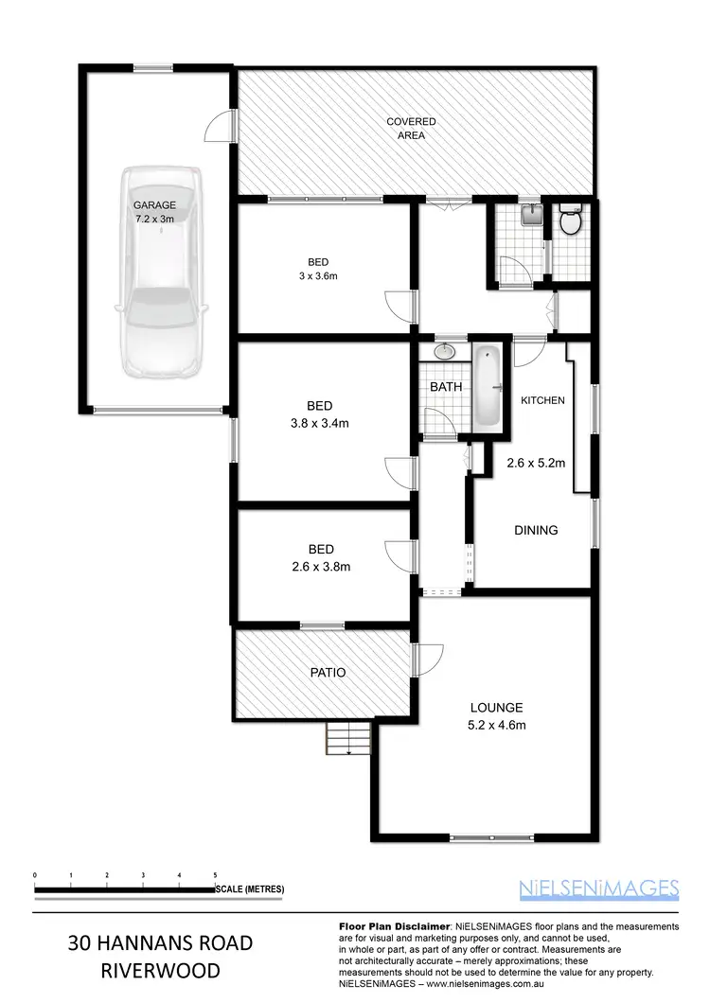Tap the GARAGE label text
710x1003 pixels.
(154, 204)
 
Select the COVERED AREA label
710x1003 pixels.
(411, 129)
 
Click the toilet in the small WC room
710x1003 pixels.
(570, 222)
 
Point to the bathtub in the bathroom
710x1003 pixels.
(487, 386)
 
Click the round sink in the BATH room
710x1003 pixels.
(444, 352)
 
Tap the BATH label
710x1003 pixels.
(445, 388)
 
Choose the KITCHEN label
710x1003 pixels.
(542, 400)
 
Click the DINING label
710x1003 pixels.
(536, 530)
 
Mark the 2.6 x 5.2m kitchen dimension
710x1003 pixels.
(536, 464)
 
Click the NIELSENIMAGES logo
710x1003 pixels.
(599, 888)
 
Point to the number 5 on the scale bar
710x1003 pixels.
(216, 875)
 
